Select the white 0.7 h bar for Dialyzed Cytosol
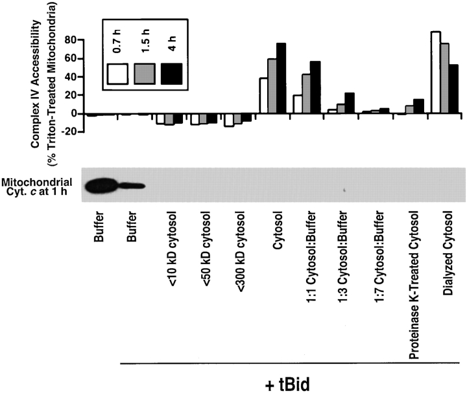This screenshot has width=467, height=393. coord(436,73)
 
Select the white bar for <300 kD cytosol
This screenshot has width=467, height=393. coord(228,120)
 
